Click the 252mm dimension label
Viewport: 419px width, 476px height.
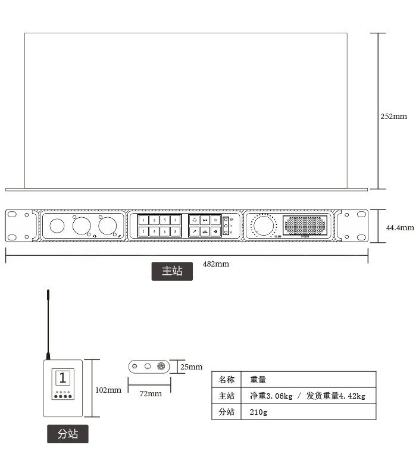pos(393,117)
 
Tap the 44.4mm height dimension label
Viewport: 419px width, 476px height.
pos(399,228)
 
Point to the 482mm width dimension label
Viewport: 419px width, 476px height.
pos(215,264)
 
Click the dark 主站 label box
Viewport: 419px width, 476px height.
pos(172,271)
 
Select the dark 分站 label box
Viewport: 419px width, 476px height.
pos(67,434)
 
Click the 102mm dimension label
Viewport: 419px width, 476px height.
pos(108,390)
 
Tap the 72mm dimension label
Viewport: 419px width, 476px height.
pos(151,393)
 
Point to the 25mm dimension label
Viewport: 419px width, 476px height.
pos(191,367)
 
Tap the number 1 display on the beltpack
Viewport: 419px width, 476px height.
pos(62,378)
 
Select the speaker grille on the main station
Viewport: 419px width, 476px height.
pos(305,226)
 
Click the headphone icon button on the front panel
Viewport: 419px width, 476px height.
pos(194,220)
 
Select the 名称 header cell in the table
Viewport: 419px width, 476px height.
pos(227,379)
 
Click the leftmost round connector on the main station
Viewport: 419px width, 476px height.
pos(57,226)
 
